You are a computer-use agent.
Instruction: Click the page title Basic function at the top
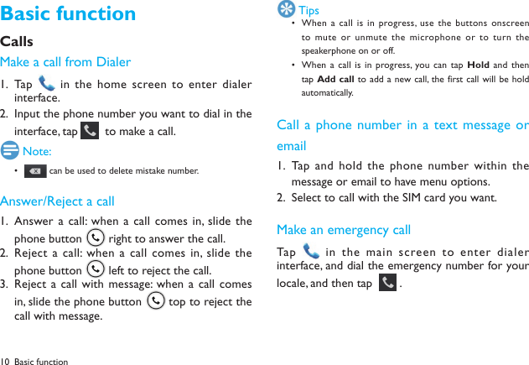(68, 14)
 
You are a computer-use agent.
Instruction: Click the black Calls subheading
(17, 41)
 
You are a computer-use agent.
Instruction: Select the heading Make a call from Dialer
(65, 62)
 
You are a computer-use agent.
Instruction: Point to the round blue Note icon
(10, 151)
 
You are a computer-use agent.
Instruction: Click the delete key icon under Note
(35, 171)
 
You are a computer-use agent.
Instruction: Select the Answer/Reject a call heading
(58, 201)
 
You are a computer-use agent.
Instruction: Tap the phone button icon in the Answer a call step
(96, 238)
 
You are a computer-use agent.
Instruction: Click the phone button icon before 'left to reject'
(96, 270)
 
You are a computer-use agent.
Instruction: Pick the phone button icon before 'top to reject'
(154, 301)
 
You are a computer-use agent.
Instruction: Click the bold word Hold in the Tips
(478, 65)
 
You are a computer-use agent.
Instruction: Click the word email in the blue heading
(291, 146)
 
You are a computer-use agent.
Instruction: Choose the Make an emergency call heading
(344, 230)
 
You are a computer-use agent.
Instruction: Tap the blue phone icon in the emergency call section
(311, 252)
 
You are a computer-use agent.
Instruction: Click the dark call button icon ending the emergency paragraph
(387, 283)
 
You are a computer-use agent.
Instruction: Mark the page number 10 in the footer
(6, 362)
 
